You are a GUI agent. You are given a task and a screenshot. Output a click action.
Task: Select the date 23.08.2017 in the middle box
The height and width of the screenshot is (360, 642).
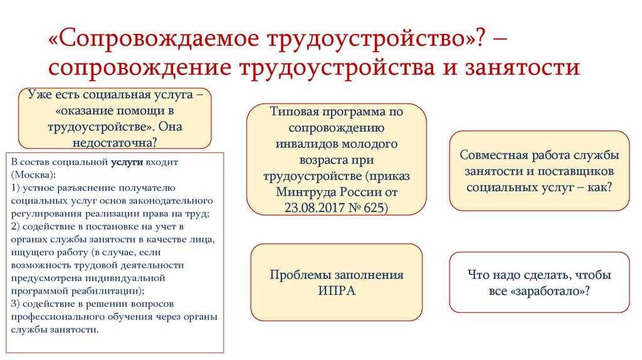coord(313,208)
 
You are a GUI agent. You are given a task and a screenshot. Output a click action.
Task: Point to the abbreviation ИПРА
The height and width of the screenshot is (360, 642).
coord(337,291)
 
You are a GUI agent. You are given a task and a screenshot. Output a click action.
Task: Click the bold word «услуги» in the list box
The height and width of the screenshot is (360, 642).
coord(127,162)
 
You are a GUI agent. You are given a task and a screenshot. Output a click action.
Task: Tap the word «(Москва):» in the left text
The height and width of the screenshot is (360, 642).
coord(33,175)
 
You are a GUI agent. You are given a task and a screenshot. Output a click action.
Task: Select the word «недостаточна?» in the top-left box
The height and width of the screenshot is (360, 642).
coord(115,142)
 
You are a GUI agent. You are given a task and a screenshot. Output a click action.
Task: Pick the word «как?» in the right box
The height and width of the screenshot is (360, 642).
coord(599,187)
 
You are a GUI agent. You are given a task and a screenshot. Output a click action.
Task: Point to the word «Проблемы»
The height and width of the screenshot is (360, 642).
coord(297,275)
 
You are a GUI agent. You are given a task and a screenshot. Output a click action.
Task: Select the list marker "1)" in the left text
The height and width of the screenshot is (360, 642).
coord(16,188)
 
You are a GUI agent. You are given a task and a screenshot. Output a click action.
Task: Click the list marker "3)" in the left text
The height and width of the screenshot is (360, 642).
coord(16,304)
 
